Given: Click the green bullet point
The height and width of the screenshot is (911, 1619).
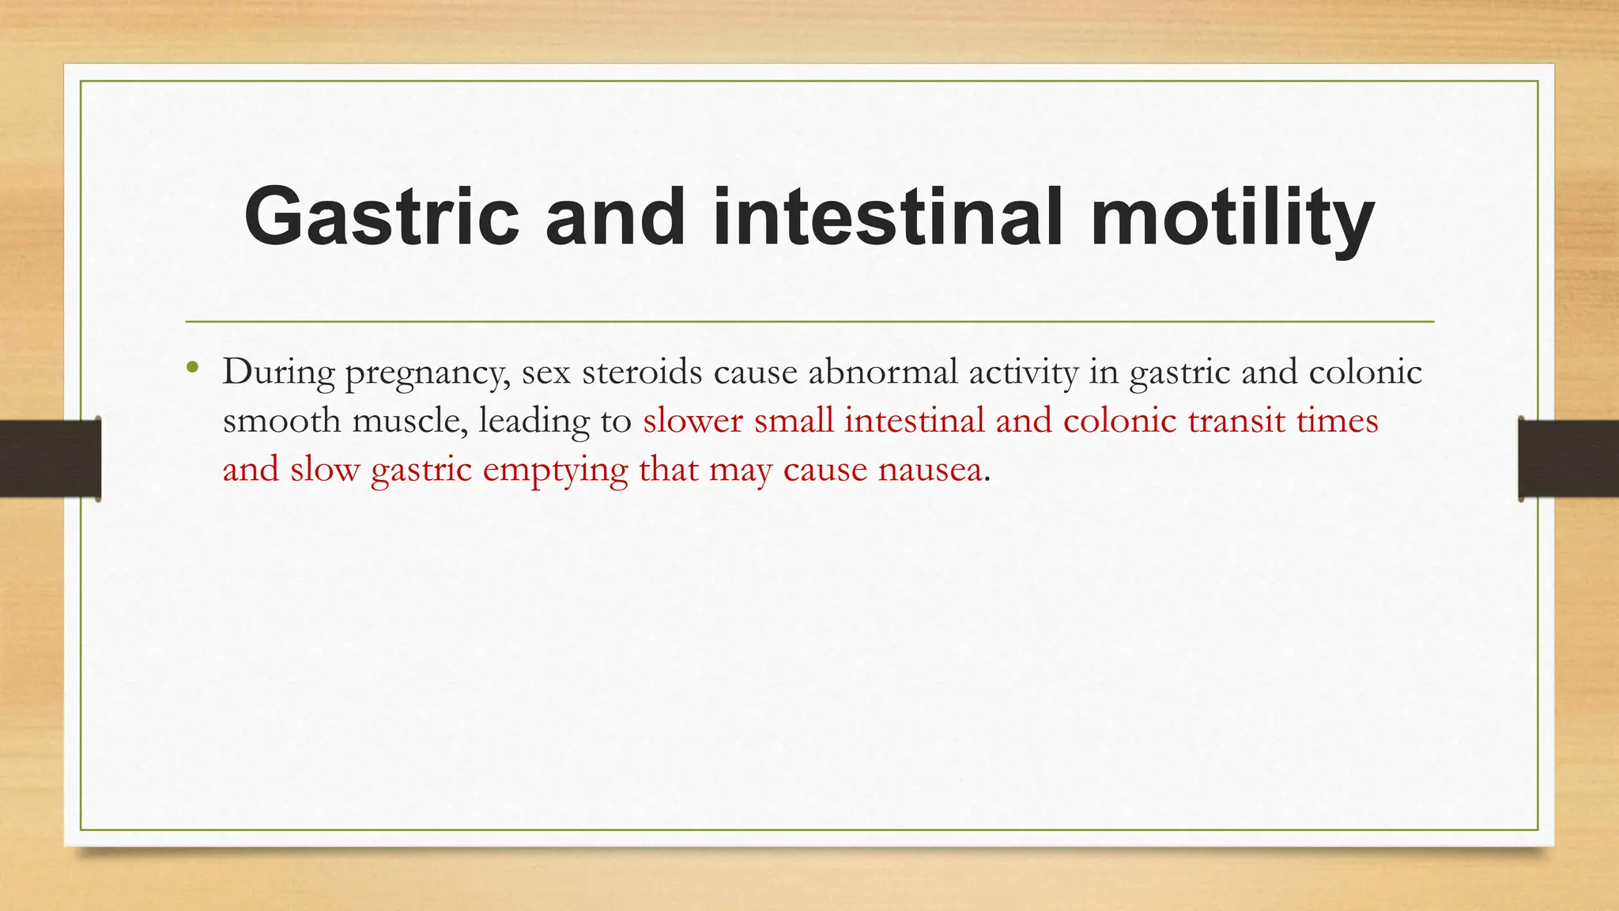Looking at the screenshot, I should [192, 368].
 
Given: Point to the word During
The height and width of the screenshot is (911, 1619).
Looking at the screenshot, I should [278, 372].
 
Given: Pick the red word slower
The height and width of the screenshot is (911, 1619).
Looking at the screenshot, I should [693, 421].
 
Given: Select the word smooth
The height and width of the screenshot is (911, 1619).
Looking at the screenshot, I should [281, 421].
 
